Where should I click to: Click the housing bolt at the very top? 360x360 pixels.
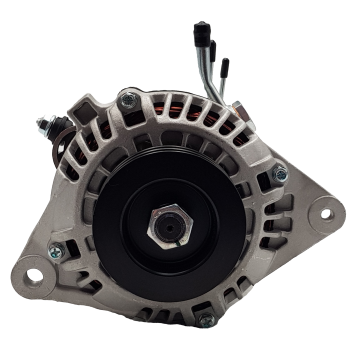(126, 99)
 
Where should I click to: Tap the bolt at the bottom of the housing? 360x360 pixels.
(207, 322)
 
